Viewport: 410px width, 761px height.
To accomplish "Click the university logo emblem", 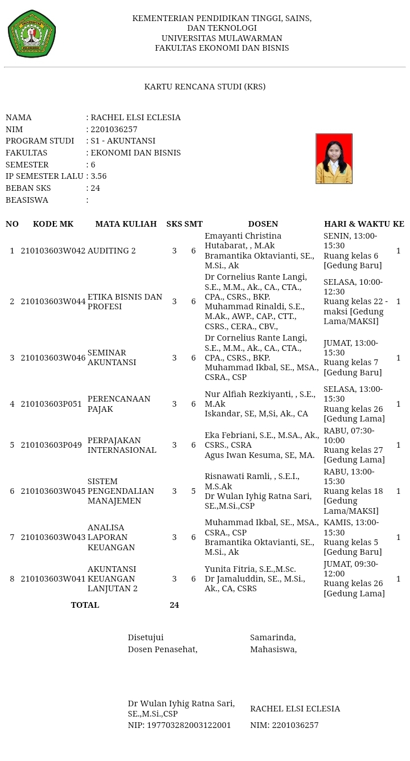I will point(31,34).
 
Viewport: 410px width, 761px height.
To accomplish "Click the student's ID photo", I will point(334,158).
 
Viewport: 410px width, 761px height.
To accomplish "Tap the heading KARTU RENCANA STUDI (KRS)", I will point(204,87).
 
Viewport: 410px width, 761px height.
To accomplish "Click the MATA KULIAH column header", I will point(126,224).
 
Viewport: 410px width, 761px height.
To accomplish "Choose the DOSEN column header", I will point(263,224).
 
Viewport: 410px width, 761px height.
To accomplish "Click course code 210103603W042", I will point(53,251).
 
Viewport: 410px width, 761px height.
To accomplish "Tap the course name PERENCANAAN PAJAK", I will point(118,404).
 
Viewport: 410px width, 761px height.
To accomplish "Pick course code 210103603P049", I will point(53,445).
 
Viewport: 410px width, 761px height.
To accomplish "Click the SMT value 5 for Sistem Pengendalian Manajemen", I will point(194,491).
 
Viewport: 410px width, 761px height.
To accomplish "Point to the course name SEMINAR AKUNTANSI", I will point(112,358).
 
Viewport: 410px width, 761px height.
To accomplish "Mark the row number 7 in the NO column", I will point(12,537).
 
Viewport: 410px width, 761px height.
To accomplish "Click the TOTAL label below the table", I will point(85,605).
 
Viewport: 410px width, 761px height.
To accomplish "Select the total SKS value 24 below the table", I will point(174,605).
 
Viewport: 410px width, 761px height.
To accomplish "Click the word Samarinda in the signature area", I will point(272,637).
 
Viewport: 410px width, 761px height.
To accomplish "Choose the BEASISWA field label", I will point(27,200).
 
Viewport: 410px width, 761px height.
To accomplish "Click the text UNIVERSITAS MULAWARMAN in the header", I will point(222,38).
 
